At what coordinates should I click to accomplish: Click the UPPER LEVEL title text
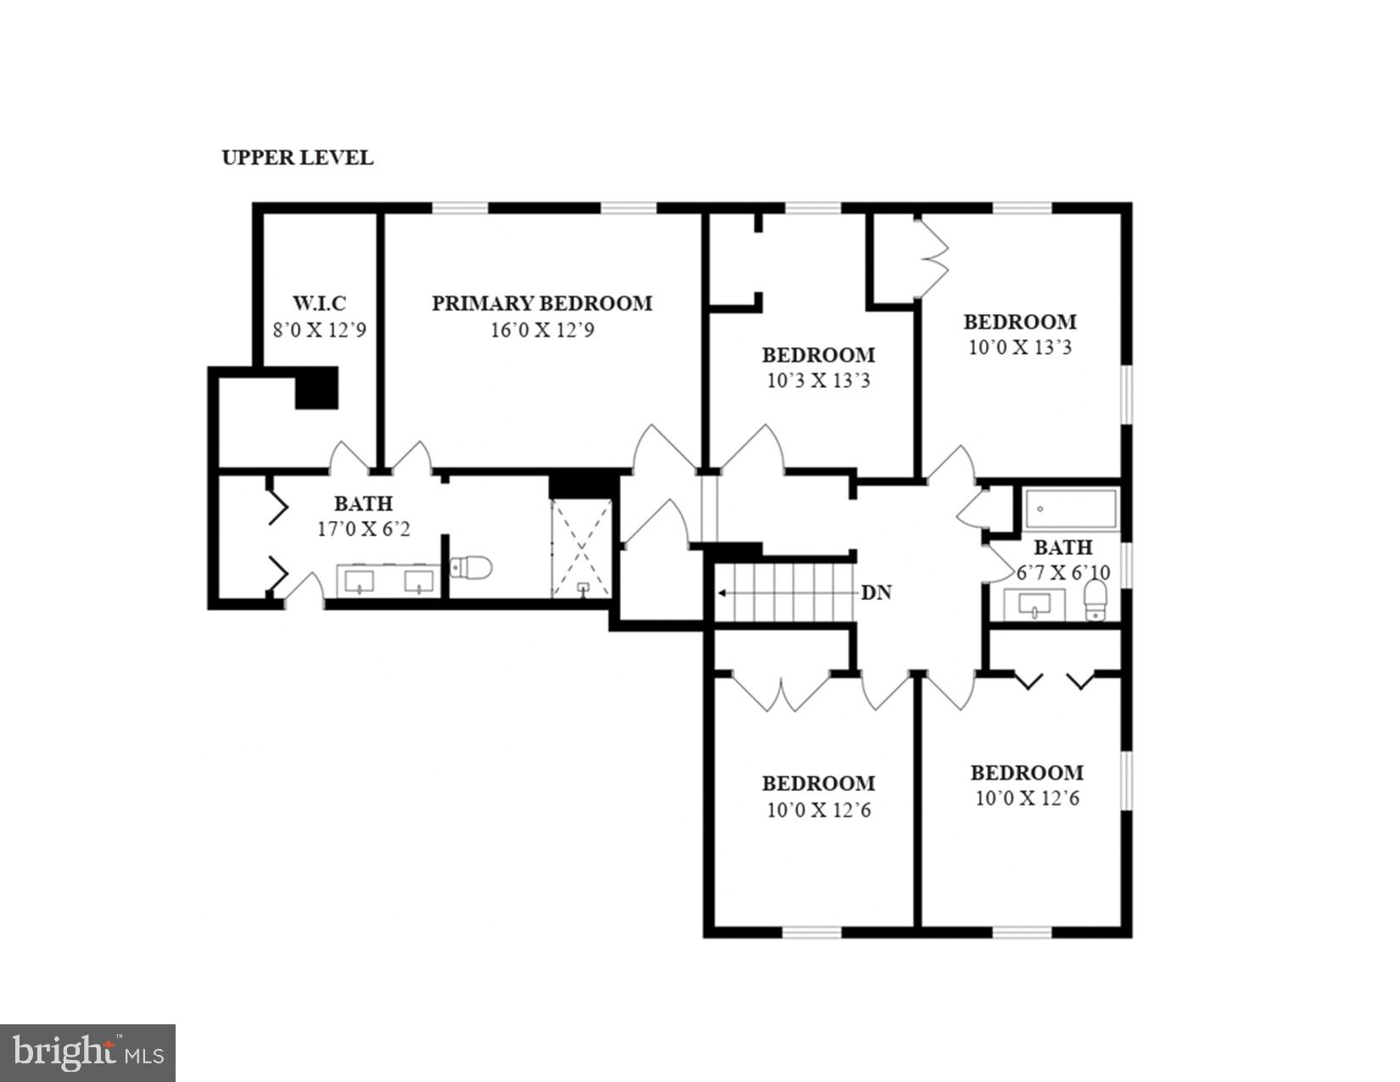point(297,158)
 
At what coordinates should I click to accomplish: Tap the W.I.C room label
point(319,303)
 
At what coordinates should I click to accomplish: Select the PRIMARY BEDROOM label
point(541,303)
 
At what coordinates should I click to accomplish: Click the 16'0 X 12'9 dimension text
point(541,330)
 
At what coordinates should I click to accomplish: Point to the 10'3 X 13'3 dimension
point(818,380)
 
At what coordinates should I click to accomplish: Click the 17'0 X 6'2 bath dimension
point(363,530)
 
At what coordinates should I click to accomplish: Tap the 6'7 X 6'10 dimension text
point(1062,573)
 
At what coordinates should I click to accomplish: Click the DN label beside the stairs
point(876,593)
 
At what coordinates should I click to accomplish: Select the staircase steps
point(785,592)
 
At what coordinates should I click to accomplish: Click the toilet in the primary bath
point(472,567)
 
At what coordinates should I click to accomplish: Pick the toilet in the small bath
point(1096,601)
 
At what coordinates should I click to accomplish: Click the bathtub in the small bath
point(1071,509)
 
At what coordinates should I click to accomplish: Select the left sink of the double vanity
point(361,581)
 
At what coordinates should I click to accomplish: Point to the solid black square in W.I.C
point(316,388)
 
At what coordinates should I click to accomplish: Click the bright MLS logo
point(87,1053)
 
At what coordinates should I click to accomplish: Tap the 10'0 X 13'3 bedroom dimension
point(1020,347)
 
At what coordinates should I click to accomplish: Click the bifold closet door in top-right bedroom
point(933,257)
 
